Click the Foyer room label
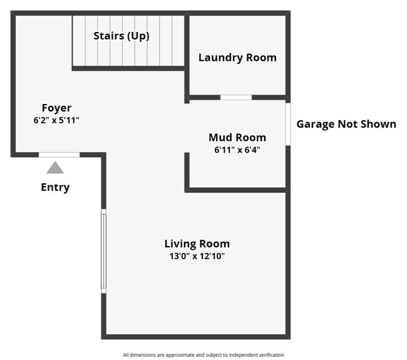[x=56, y=108]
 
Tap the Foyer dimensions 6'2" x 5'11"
[x=56, y=120]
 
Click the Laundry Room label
[x=237, y=58]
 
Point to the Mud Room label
[x=237, y=137]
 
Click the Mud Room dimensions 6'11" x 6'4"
[x=237, y=150]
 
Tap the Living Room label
[x=197, y=244]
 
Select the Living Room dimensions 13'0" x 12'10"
[x=197, y=255]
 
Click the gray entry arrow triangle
[x=55, y=168]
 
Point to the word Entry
[x=55, y=187]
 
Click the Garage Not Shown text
[x=346, y=124]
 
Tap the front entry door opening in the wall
[x=59, y=154]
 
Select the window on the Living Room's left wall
[x=104, y=250]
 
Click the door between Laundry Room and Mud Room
[x=236, y=97]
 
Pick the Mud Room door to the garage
[x=287, y=123]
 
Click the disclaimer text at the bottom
[x=203, y=354]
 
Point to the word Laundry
[x=220, y=58]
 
